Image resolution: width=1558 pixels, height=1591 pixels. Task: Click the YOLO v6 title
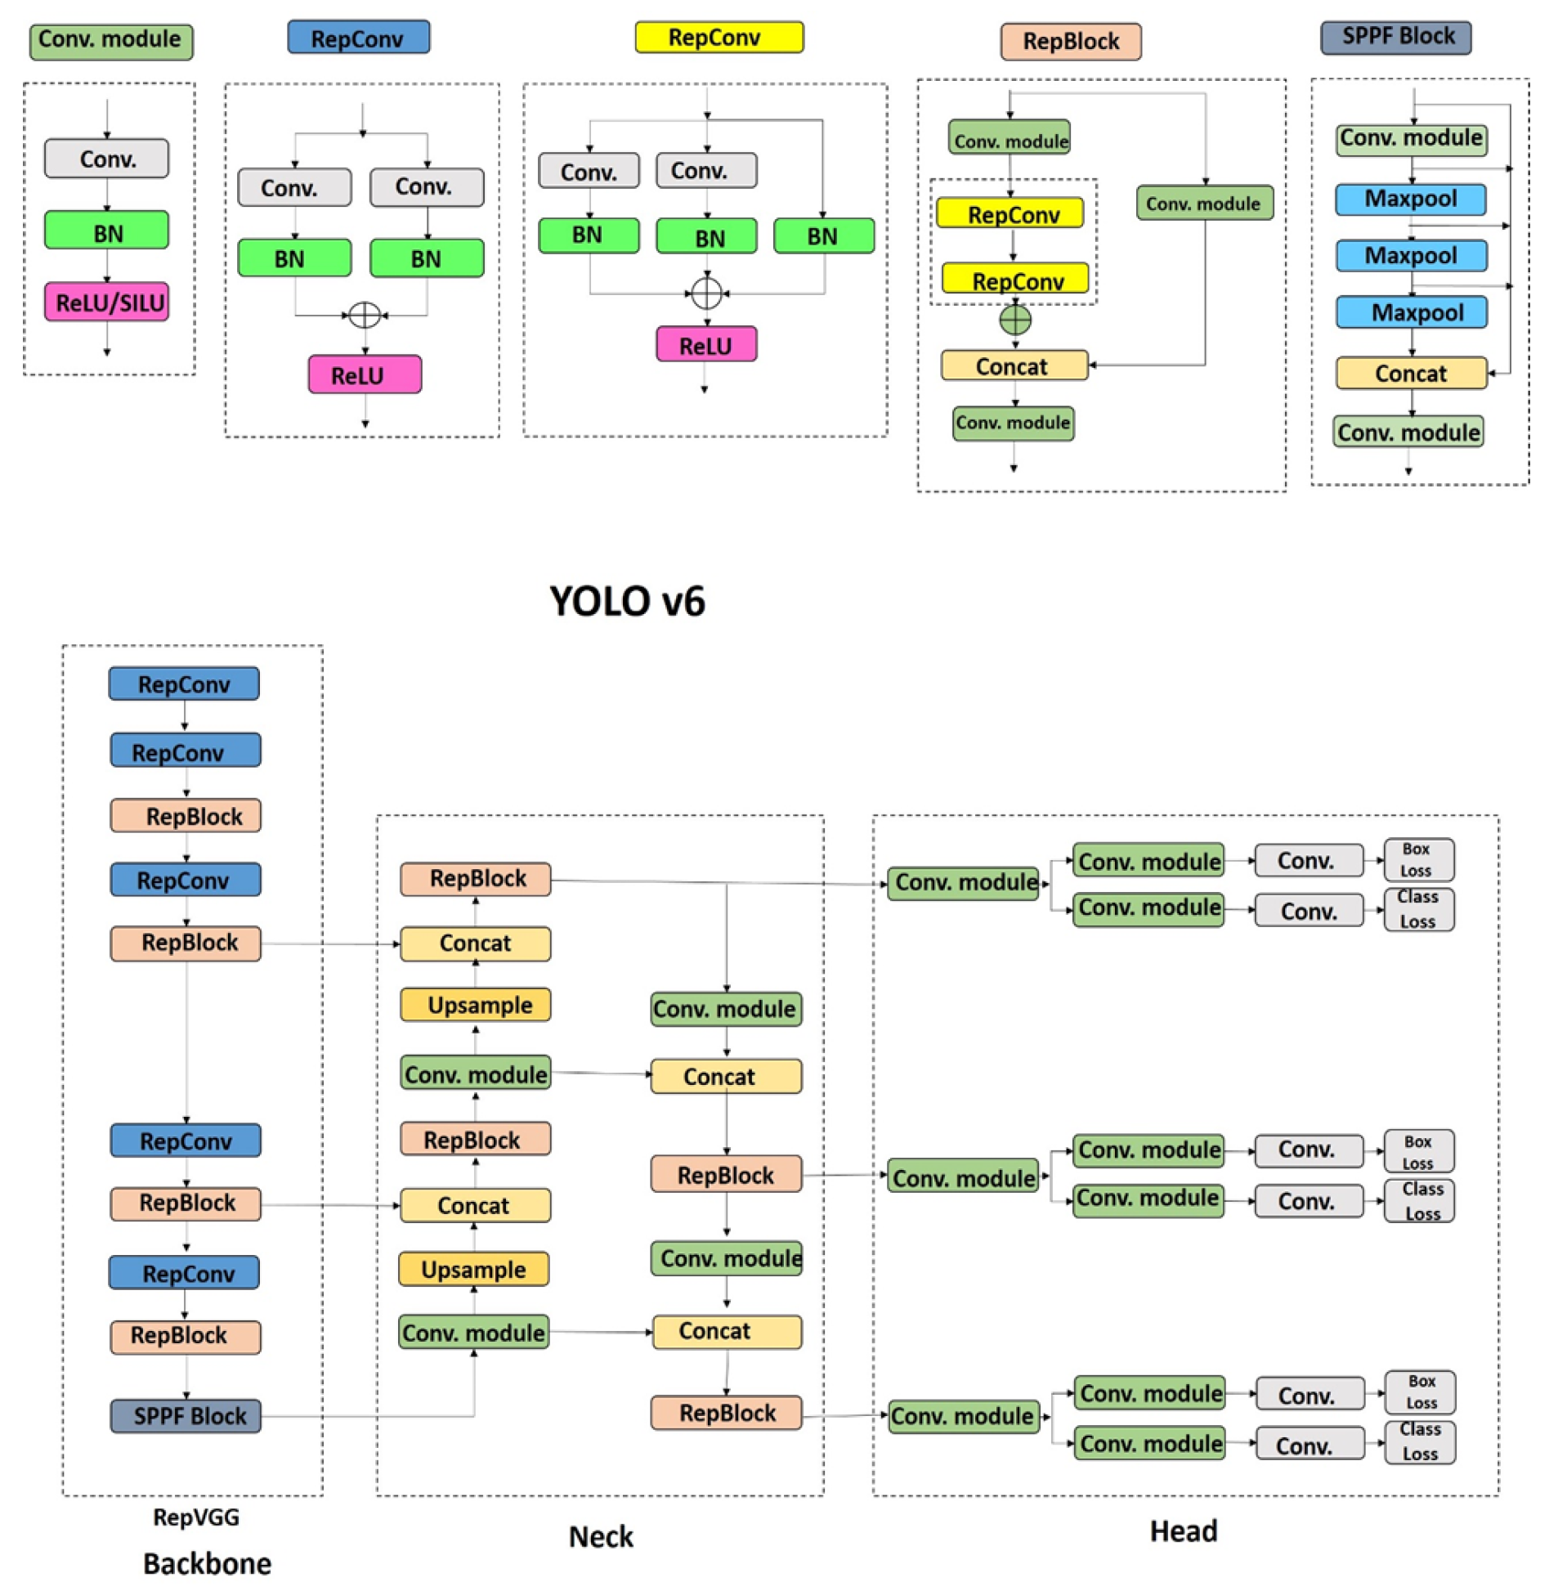point(627,602)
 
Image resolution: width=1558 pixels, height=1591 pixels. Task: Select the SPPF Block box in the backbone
point(186,1416)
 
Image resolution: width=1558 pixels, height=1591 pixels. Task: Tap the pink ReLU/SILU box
point(106,302)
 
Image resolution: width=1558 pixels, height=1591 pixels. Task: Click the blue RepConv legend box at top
point(358,38)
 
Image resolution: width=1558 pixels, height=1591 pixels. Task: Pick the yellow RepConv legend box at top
point(719,38)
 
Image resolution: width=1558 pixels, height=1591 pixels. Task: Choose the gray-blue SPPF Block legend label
point(1396,37)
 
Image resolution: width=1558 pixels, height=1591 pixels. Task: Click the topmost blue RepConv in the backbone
point(184,684)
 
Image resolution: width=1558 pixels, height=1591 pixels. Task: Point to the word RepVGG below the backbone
point(196,1517)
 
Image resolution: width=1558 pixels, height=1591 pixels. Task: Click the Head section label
point(1184,1531)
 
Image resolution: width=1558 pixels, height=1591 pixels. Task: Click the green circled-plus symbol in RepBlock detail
point(1015,319)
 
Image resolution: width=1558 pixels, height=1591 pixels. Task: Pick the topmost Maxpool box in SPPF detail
point(1411,199)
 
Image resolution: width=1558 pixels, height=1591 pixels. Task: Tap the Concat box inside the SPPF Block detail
point(1411,373)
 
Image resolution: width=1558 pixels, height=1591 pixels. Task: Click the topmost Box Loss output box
point(1418,859)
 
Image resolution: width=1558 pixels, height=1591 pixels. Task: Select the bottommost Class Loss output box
point(1420,1441)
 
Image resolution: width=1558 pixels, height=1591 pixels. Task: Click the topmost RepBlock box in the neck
point(476,879)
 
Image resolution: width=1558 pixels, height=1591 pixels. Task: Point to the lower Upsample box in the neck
point(474,1270)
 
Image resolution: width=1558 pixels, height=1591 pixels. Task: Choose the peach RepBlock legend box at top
point(1070,41)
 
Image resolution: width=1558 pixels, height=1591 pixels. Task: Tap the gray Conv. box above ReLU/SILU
point(106,159)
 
